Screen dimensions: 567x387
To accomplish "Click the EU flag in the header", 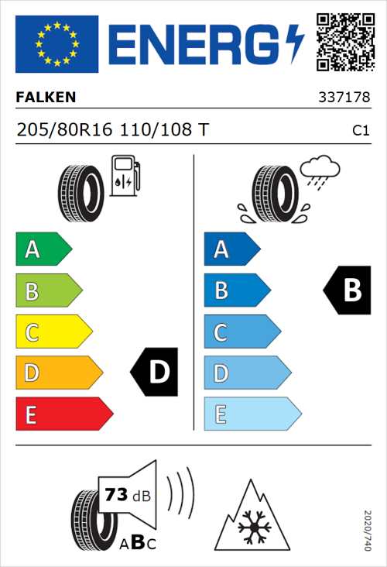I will pos(57,44).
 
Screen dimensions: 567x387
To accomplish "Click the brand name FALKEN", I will pos(46,98).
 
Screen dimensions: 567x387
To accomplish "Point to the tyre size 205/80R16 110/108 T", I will pos(111,130).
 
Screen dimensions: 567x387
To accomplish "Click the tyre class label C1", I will pos(360,131).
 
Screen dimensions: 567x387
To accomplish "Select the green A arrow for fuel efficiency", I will pos(43,249).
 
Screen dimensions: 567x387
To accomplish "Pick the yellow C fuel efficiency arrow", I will pos(53,332).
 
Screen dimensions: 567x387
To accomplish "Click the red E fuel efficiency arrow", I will pos(63,414).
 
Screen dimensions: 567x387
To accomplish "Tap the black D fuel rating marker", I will pos(156,373).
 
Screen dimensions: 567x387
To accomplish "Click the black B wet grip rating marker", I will pos(348,290).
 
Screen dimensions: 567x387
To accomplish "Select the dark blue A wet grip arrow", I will pos(231,249).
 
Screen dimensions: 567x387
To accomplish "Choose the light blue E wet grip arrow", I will pos(252,414).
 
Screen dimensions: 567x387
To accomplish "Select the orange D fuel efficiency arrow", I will pos(58,373).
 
